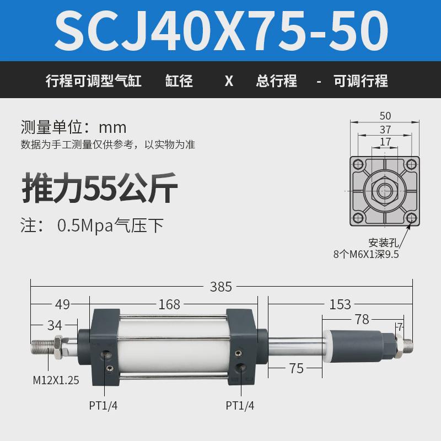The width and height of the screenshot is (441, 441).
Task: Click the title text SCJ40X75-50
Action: [x=220, y=29]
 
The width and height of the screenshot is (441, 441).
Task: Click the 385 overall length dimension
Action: [x=220, y=287]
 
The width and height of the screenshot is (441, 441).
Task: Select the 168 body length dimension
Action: [x=169, y=304]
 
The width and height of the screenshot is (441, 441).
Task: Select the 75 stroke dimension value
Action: [x=296, y=368]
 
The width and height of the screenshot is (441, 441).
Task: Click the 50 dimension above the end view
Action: [x=385, y=116]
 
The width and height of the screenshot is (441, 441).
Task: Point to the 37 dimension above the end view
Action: [x=385, y=130]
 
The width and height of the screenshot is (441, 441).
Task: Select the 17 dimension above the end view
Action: [x=385, y=142]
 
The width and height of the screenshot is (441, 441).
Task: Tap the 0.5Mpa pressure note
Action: [x=110, y=225]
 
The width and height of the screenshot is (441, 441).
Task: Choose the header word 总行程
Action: [x=277, y=81]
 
